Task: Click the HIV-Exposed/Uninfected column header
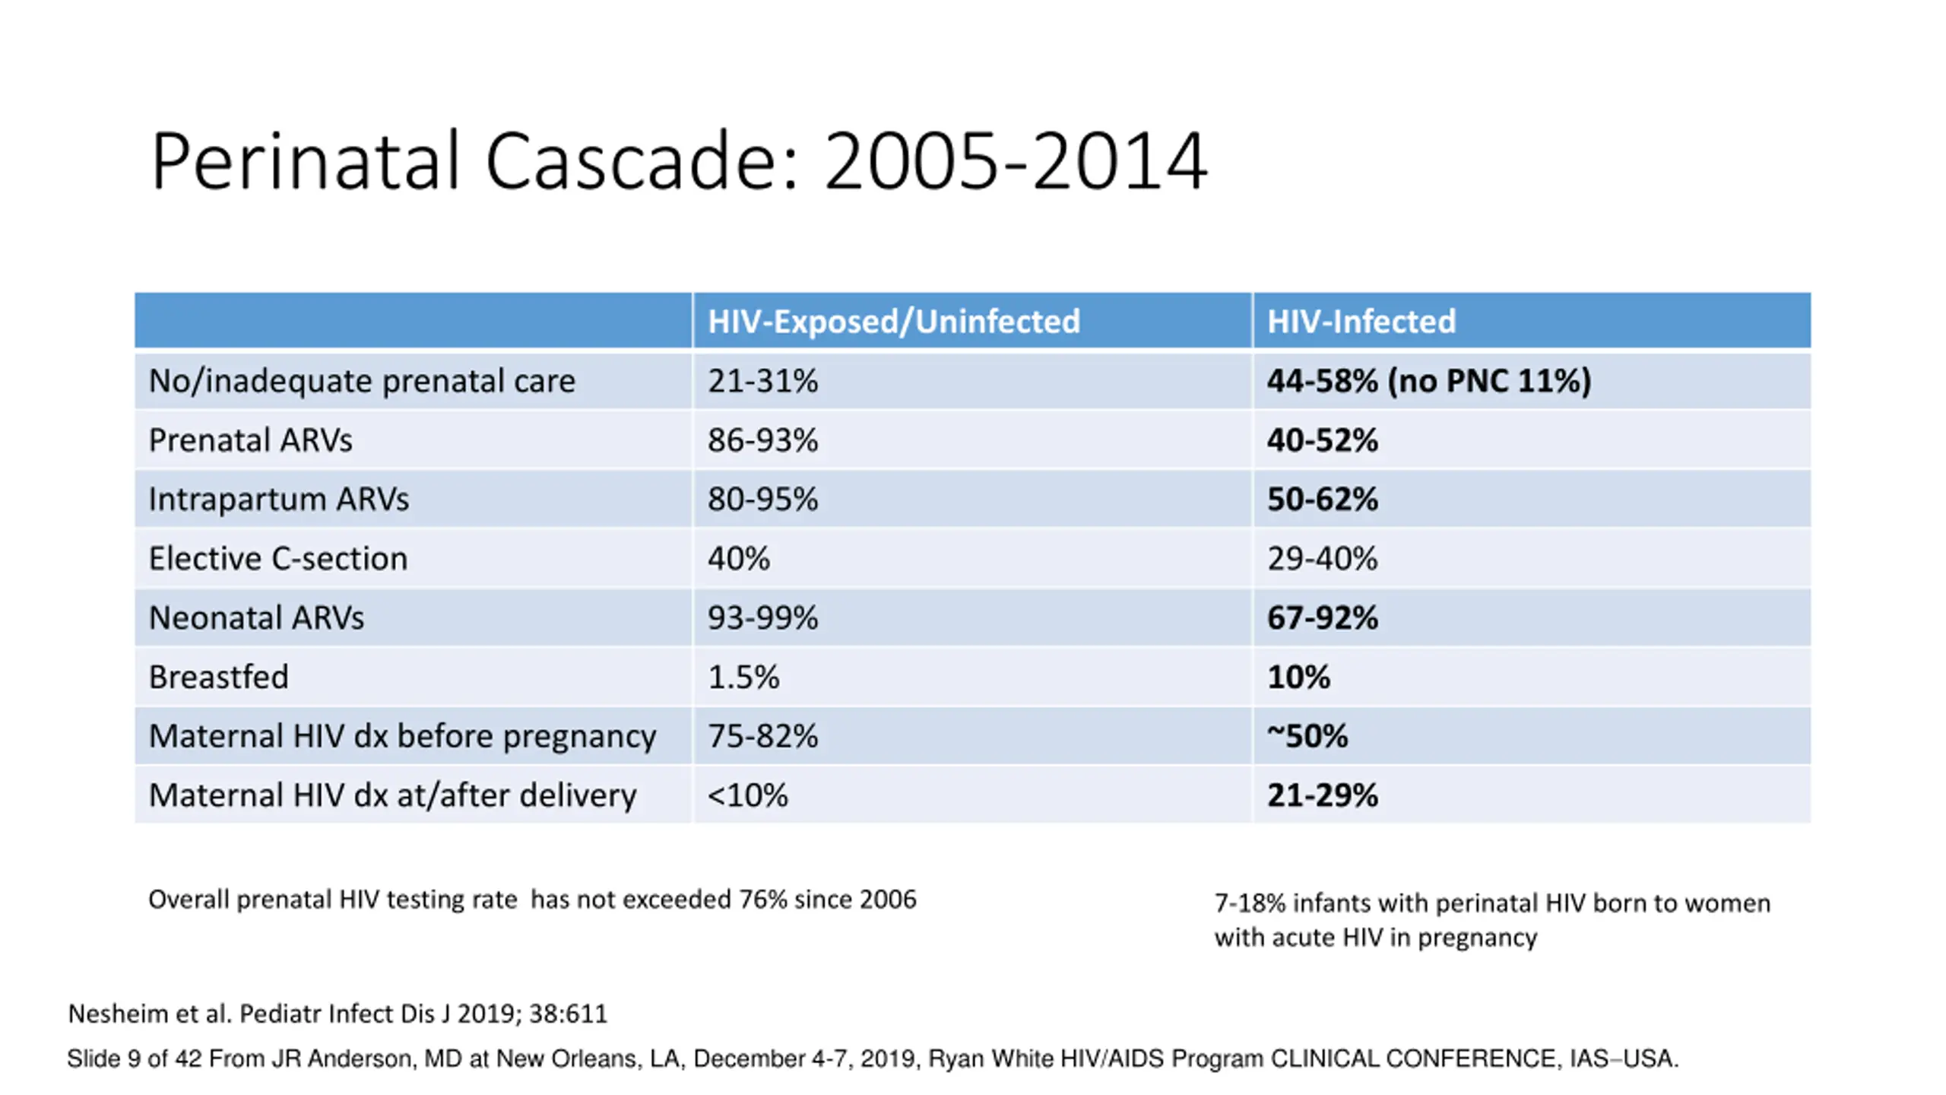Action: pyautogui.click(x=893, y=322)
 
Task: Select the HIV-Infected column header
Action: pyautogui.click(x=1361, y=321)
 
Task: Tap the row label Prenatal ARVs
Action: pyautogui.click(x=250, y=440)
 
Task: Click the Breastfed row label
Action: pyautogui.click(x=219, y=677)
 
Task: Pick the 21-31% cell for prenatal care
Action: pyautogui.click(x=762, y=381)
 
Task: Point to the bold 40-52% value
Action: pyautogui.click(x=1322, y=440)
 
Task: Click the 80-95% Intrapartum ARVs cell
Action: pyautogui.click(x=762, y=500)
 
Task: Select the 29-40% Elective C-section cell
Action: pyautogui.click(x=1322, y=559)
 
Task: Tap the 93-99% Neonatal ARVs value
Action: pyautogui.click(x=762, y=618)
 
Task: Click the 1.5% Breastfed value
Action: pyautogui.click(x=743, y=677)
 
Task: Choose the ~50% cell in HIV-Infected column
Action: pyautogui.click(x=1307, y=736)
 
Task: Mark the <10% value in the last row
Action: pyautogui.click(x=748, y=795)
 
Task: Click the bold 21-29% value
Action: pyautogui.click(x=1322, y=795)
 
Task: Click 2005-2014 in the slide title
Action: pyautogui.click(x=1016, y=161)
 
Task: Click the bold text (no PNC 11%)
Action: pyautogui.click(x=1489, y=381)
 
